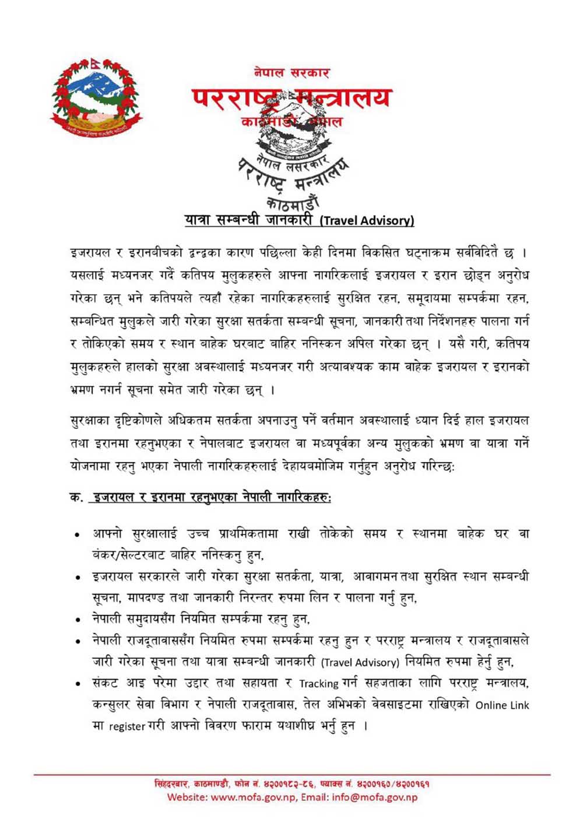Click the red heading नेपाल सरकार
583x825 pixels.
[x=291, y=73]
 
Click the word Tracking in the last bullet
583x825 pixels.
[x=318, y=683]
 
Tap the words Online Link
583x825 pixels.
[x=502, y=705]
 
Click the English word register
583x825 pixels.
[x=127, y=727]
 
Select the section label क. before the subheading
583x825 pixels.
[x=76, y=497]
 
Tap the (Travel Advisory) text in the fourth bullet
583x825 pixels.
[x=360, y=662]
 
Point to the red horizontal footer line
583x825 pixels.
[x=291, y=774]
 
